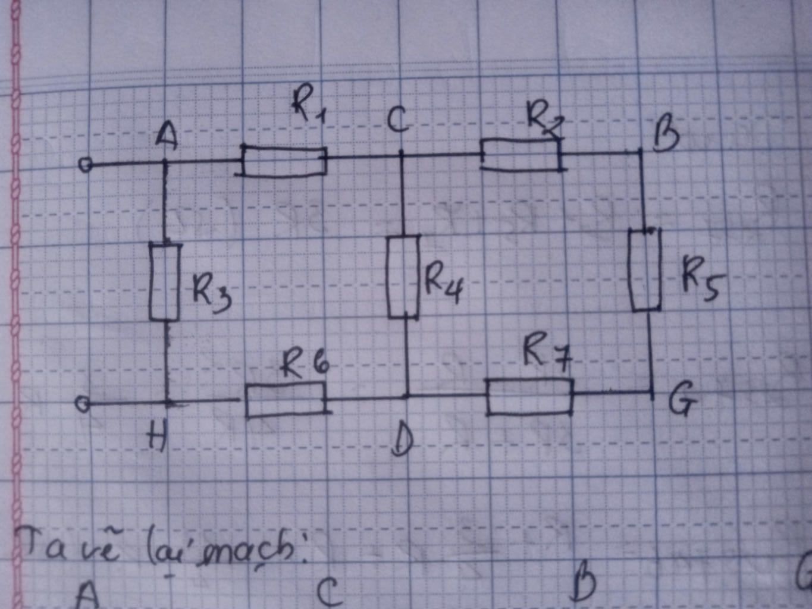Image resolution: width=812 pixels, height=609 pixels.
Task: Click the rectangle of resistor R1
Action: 284,161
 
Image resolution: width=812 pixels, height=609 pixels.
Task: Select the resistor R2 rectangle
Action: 521,155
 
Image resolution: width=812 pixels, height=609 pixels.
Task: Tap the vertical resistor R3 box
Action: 164,281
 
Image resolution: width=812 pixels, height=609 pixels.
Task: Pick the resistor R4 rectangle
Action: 403,277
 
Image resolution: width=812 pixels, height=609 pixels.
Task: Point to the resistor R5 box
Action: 645,270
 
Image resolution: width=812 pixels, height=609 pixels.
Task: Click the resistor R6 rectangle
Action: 286,400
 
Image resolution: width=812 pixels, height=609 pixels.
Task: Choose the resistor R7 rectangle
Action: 529,396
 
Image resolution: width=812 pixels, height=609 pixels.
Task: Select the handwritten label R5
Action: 700,279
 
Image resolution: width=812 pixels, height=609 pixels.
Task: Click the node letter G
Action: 682,402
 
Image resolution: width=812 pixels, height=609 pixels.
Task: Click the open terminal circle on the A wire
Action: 86,165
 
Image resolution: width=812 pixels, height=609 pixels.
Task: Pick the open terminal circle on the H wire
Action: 83,404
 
